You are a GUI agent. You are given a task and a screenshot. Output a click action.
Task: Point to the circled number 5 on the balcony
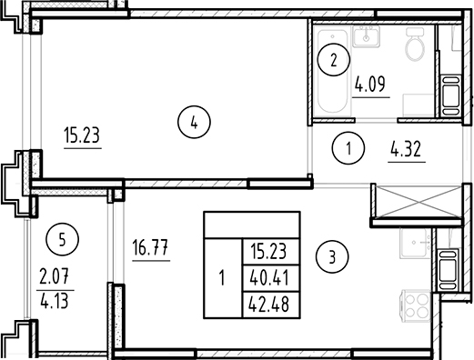tap(61, 241)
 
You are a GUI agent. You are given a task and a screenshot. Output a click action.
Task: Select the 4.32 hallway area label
tap(406, 147)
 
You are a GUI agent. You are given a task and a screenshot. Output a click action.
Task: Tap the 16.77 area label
tap(151, 246)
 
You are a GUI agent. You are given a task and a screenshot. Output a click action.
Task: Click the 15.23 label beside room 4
tap(81, 138)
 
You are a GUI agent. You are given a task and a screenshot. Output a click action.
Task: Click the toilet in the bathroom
tap(415, 45)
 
